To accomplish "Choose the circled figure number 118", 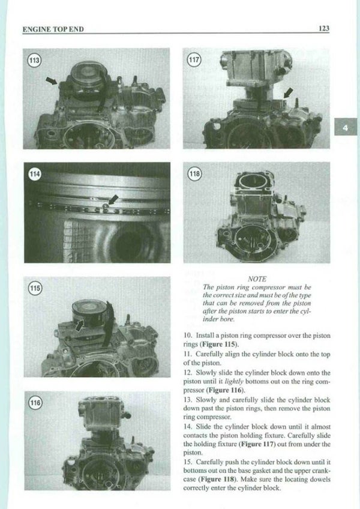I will tap(196, 174).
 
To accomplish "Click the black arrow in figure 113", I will tap(53, 80).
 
